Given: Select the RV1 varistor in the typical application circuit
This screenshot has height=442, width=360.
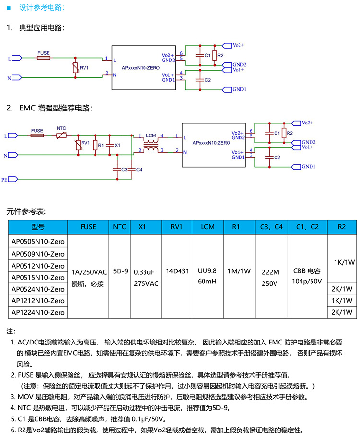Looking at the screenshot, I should point(75,68).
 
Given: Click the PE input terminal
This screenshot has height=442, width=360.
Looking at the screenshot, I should point(13,179).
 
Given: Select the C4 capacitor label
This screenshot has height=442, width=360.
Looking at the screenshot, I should point(139,170).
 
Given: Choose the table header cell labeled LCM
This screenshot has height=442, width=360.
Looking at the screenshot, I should point(207,227).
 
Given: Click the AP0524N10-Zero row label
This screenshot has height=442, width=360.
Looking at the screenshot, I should point(38,289).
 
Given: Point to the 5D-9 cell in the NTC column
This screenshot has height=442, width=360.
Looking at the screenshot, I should point(120,271).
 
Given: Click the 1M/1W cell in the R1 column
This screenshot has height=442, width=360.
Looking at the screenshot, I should point(239,271).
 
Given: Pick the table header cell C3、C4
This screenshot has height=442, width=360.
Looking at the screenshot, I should point(271,227).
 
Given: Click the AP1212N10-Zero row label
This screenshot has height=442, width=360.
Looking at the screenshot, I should point(38,301).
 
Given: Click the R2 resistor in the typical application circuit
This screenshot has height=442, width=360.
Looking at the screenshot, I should point(215,56).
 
